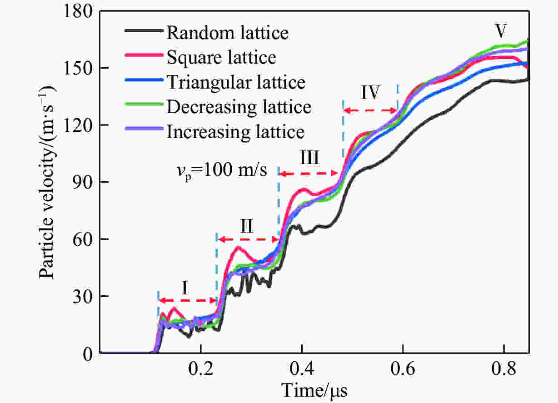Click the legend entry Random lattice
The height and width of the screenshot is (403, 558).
[227, 33]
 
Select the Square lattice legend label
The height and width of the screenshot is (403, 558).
[221, 57]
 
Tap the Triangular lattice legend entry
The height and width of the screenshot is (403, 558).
[236, 82]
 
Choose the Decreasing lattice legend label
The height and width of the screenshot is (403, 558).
[239, 107]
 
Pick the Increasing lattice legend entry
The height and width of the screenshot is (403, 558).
[235, 132]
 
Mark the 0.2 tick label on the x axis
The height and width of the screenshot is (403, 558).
[200, 371]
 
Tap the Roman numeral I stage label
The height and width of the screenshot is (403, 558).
[185, 288]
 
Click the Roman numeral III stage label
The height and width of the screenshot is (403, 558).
[309, 159]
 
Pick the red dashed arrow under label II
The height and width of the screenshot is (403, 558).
[248, 239]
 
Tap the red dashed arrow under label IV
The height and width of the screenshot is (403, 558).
[370, 110]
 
